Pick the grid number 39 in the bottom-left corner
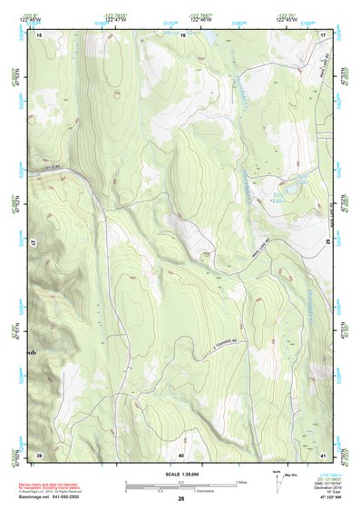[x=39, y=454]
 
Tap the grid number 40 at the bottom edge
[x=181, y=454]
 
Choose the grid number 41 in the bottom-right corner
[x=323, y=454]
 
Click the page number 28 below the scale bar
[x=181, y=499]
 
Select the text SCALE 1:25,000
[x=181, y=475]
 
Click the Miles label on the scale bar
[x=240, y=481]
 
